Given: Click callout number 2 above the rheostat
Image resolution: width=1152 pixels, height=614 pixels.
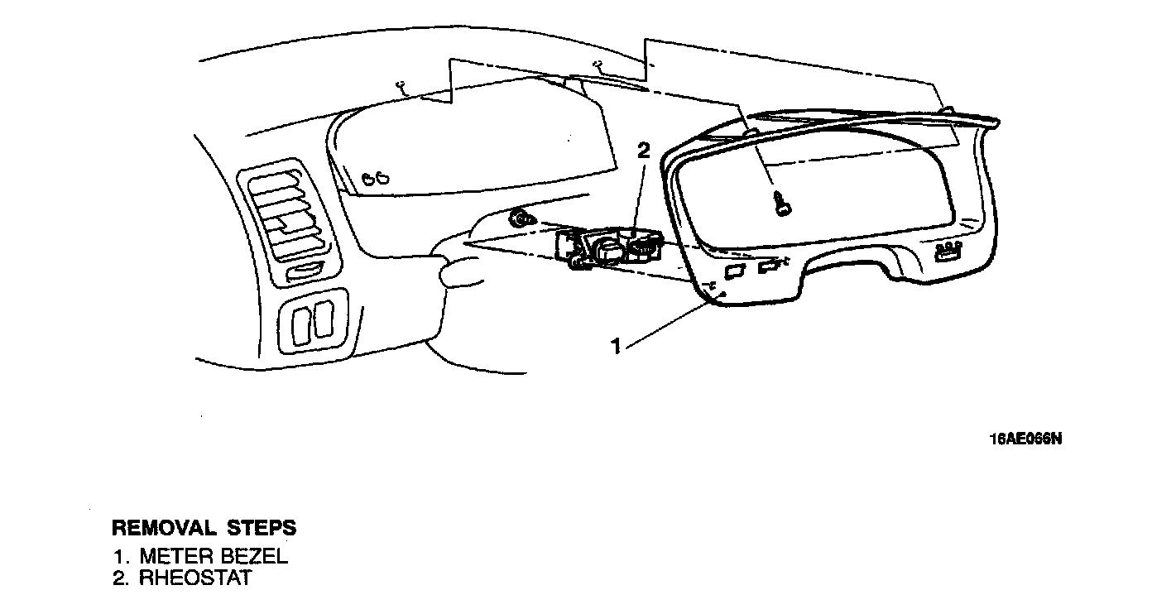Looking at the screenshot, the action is (x=643, y=151).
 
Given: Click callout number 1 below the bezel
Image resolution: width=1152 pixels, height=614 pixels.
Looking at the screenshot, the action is (x=616, y=346).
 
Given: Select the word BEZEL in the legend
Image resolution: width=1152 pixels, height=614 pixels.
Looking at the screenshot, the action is (x=257, y=556).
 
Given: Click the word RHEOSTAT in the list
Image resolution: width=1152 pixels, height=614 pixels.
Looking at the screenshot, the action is (x=194, y=578).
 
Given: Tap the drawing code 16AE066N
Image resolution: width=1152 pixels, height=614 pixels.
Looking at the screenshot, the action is (x=1025, y=439).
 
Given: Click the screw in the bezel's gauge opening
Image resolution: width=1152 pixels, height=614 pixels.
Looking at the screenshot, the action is (x=781, y=202).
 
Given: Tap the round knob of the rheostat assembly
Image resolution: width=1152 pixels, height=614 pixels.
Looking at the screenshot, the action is (x=610, y=251).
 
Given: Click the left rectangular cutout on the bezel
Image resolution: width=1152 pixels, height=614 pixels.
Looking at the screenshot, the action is (x=734, y=271).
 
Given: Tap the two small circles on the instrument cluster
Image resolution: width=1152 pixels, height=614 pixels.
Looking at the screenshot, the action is (x=375, y=175).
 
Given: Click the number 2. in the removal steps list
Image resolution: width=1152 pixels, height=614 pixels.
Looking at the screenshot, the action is (x=122, y=578).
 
